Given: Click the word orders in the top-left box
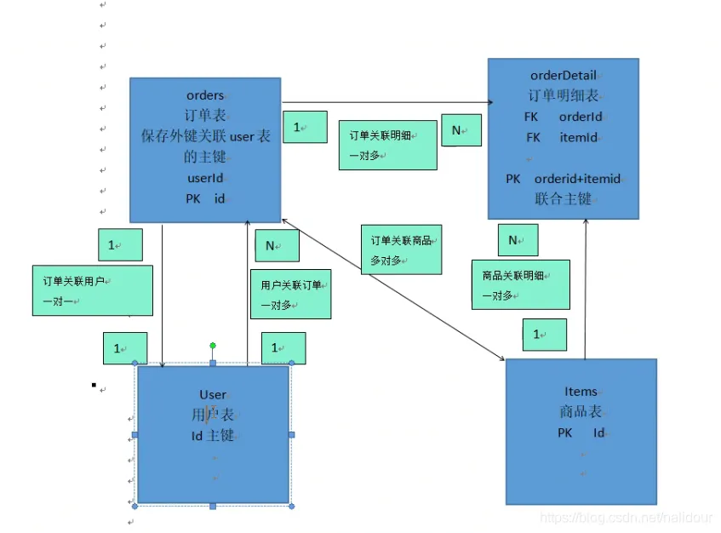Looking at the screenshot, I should click(x=205, y=95).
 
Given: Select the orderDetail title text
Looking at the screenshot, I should click(x=563, y=76).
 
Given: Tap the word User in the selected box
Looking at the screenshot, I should click(x=213, y=395).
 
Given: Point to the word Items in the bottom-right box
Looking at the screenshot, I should click(x=581, y=392).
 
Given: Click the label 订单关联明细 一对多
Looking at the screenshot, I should click(x=387, y=145).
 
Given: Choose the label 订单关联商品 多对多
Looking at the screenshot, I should click(x=401, y=250).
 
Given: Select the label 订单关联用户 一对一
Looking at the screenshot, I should click(x=93, y=290).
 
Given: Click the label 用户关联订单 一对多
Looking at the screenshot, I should click(x=290, y=294).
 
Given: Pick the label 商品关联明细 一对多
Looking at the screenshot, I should click(x=520, y=284).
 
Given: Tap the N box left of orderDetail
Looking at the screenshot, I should click(x=461, y=130).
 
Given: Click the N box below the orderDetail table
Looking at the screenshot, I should click(x=518, y=240).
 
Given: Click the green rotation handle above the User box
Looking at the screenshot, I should click(x=213, y=346).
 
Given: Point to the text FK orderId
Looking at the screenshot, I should click(x=563, y=117).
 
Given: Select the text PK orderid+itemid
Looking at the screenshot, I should click(x=563, y=179).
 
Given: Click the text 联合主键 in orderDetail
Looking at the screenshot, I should click(x=563, y=199).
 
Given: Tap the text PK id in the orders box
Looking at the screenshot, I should click(x=205, y=199).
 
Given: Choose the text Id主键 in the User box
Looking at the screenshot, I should click(x=213, y=436).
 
